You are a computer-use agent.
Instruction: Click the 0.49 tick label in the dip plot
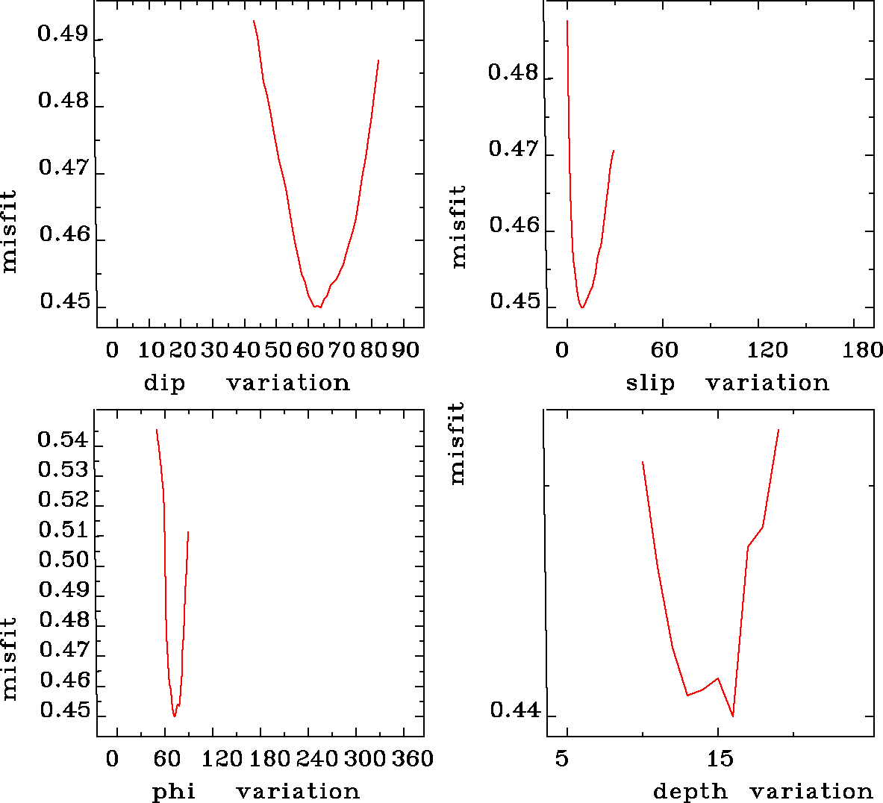63,34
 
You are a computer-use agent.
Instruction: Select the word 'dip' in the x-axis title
164,384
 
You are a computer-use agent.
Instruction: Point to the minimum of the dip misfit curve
317,307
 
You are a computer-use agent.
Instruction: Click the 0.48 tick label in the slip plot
513,73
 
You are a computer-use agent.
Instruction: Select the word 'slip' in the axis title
649,384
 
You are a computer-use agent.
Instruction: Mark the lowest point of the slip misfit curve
581,307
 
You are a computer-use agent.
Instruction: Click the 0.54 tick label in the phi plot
63,440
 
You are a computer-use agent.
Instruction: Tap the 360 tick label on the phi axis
413,759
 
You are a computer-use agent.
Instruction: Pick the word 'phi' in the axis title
174,792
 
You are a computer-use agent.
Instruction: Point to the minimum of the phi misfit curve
175,716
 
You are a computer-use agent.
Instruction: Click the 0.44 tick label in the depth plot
514,710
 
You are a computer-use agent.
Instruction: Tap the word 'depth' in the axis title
690,792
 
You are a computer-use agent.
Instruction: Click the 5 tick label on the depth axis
561,759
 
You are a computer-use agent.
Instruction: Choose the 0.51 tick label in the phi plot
63,530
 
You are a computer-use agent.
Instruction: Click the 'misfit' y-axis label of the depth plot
457,443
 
